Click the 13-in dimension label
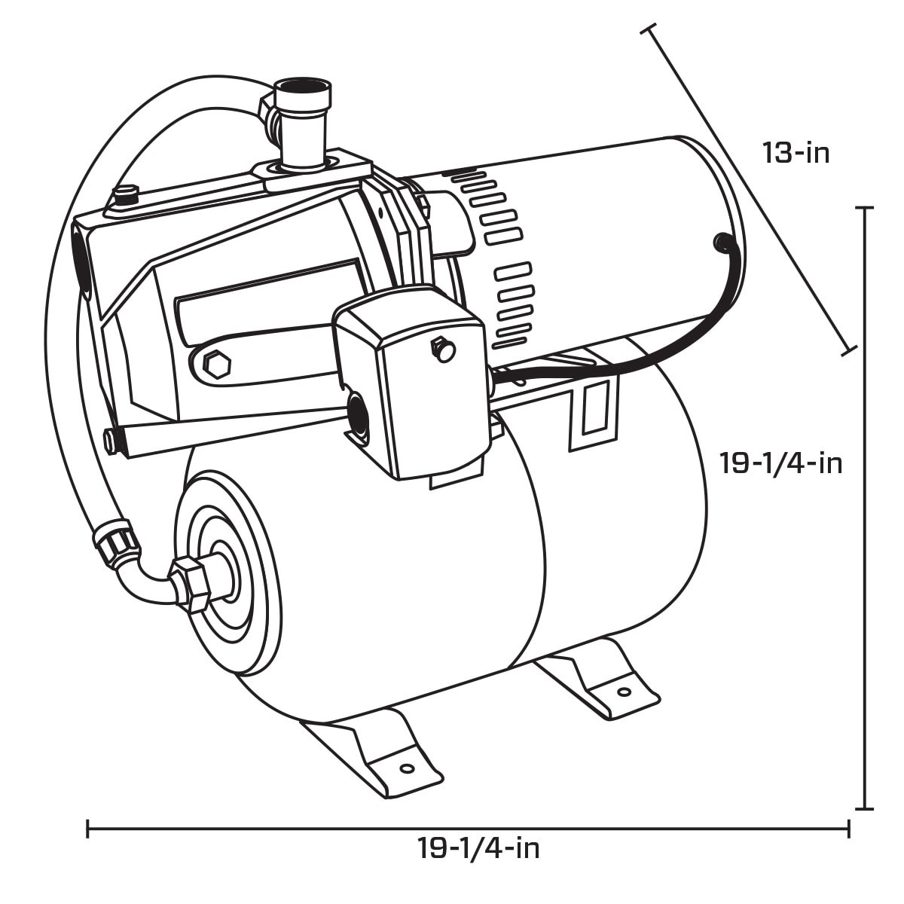pos(796,154)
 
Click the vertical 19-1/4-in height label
pos(780,463)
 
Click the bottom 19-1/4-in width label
pos(479,849)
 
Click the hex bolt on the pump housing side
pos(218,365)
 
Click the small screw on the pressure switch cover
pos(442,348)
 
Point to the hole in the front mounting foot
pos(407,769)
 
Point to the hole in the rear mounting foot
pos(624,692)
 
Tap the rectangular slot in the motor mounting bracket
pos(594,407)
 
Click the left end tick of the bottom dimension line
pos(88,829)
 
